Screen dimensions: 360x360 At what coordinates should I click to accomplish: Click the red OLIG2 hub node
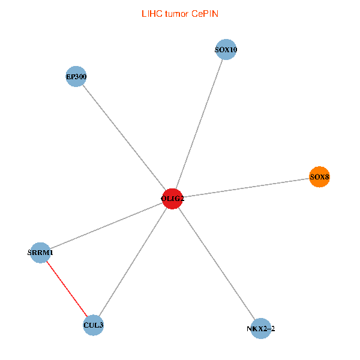[x=172, y=199]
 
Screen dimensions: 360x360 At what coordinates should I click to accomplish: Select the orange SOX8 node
[x=319, y=177]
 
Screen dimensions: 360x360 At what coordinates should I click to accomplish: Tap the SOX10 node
[x=226, y=50]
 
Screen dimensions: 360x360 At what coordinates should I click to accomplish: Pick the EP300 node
[x=76, y=76]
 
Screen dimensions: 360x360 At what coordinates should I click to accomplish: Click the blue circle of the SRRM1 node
[x=41, y=253]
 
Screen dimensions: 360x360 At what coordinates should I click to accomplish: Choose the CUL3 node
[x=94, y=325]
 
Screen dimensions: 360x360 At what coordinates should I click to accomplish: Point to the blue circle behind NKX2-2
[x=261, y=329]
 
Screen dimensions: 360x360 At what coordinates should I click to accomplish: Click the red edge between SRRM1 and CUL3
[x=67, y=289]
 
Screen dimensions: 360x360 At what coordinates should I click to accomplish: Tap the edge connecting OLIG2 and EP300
[x=124, y=137]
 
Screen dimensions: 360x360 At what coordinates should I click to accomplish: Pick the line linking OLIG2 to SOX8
[x=246, y=188]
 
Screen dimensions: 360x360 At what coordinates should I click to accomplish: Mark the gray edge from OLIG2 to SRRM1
[x=107, y=226]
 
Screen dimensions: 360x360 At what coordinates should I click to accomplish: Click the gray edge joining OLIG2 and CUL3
[x=133, y=262]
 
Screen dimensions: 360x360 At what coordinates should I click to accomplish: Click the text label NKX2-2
[x=261, y=329]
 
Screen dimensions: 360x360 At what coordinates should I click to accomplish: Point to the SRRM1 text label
[x=41, y=253]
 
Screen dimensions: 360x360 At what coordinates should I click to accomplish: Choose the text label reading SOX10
[x=226, y=50]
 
